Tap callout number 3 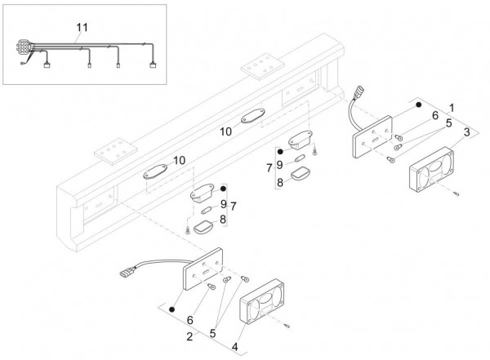466,131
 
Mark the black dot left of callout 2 173,311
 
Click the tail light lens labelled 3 434,169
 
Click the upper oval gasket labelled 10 249,117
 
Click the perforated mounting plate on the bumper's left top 114,149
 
